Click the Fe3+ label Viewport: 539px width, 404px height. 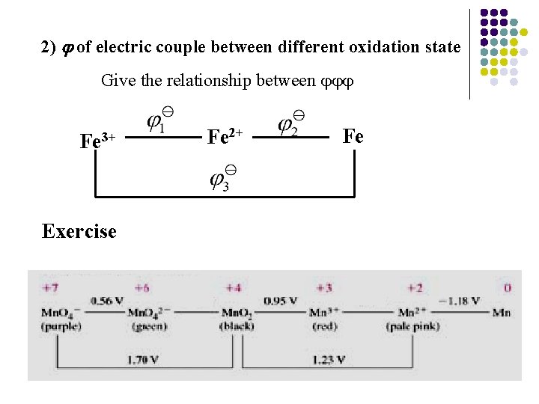click(x=97, y=140)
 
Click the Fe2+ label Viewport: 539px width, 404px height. click(x=225, y=137)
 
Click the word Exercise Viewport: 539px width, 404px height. click(x=79, y=231)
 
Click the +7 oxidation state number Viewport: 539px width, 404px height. click(x=50, y=287)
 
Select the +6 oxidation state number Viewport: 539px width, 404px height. click(x=141, y=287)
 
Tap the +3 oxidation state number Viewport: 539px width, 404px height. click(x=324, y=287)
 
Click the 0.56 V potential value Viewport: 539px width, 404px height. click(x=105, y=301)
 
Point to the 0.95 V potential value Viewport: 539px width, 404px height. click(x=281, y=301)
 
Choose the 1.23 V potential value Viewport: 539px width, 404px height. click(x=329, y=360)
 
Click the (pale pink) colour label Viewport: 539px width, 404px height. click(x=412, y=326)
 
